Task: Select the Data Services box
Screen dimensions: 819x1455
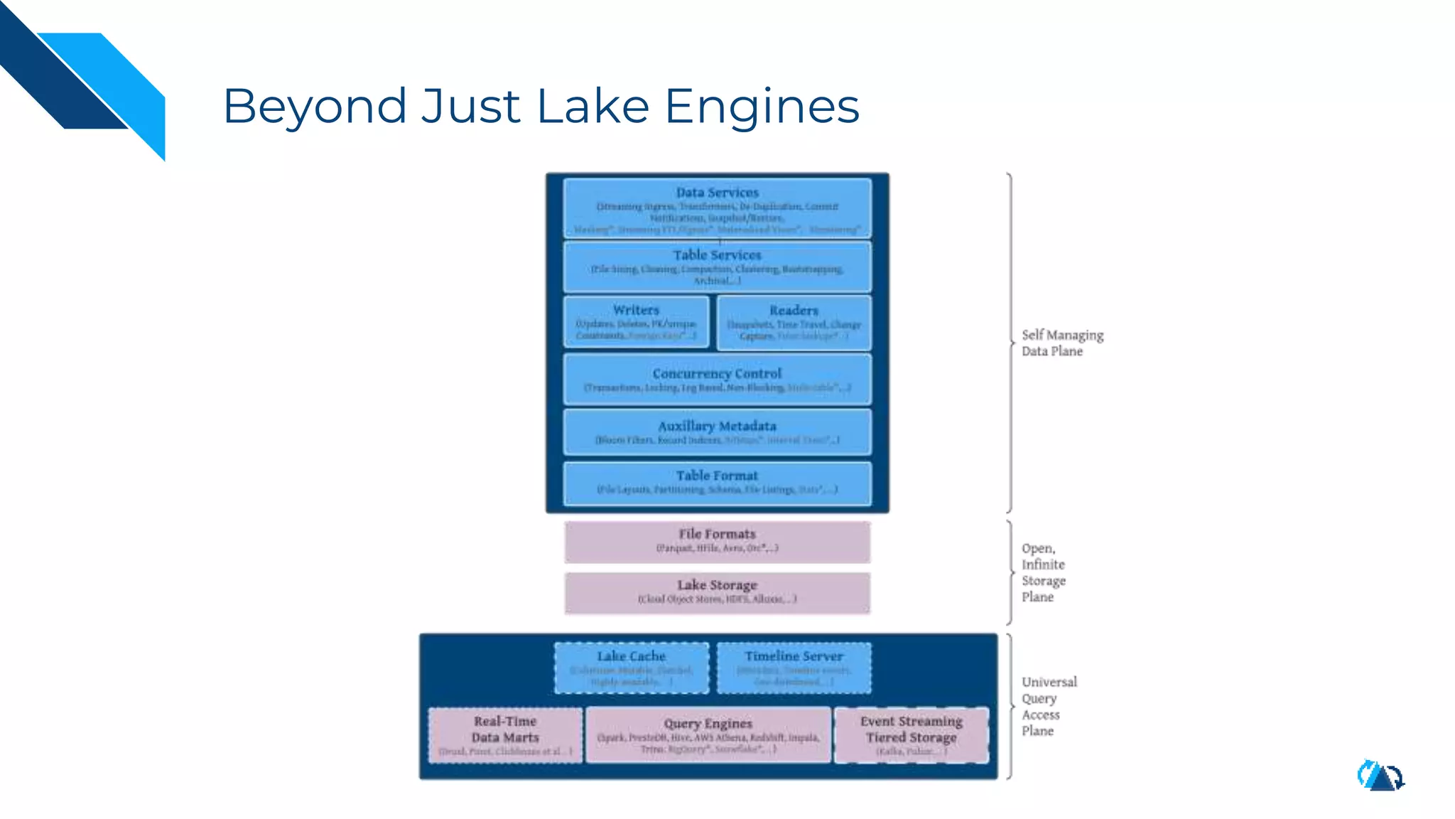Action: coord(717,208)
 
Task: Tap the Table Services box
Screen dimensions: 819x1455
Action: coord(717,267)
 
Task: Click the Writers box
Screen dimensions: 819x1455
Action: coord(636,322)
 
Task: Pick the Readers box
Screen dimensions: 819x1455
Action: coord(794,323)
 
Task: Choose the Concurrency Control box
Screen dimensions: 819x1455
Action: coord(717,380)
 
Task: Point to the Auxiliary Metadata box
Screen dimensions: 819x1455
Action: coord(717,432)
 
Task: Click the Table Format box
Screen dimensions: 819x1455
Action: coord(717,483)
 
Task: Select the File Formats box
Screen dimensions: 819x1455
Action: coord(717,541)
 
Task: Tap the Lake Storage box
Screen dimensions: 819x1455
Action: coord(717,592)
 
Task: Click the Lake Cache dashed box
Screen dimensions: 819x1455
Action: coord(632,668)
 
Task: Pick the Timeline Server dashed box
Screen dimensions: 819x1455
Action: coord(794,668)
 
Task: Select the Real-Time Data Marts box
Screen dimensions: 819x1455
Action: coord(505,734)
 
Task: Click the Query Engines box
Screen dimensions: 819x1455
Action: coord(708,734)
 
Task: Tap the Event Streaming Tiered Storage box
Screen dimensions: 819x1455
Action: coord(911,734)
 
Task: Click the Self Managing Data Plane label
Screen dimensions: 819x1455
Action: coord(1062,343)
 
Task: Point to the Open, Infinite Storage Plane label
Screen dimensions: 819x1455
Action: coord(1043,572)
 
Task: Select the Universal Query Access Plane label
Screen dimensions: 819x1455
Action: coord(1049,706)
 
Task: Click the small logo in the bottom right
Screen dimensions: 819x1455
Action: coord(1380,776)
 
